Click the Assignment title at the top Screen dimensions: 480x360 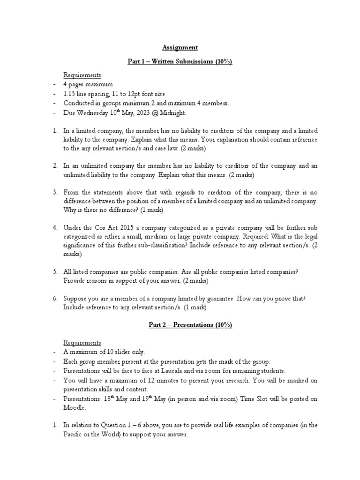(180, 47)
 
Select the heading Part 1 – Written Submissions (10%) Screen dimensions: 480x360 (180, 61)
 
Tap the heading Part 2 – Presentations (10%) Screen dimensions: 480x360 (180, 325)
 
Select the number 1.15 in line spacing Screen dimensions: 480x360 (71, 94)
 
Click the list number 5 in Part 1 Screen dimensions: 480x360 (55, 272)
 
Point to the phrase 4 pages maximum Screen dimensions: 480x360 (88, 84)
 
